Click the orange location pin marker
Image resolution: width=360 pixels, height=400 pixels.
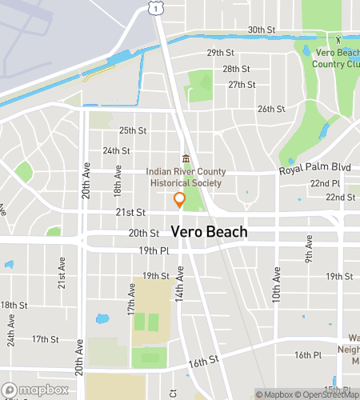[180, 200]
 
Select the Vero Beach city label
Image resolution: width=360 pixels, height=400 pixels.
[209, 232]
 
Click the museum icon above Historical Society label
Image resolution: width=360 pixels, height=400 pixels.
[186, 158]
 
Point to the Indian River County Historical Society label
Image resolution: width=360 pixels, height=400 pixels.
[185, 177]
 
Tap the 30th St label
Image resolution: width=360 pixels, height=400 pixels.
[261, 30]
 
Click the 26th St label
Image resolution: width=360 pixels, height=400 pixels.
[271, 109]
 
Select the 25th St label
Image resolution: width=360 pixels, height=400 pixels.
[133, 130]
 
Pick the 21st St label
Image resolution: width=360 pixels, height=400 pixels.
[130, 213]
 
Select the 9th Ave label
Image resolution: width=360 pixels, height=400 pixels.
[307, 254]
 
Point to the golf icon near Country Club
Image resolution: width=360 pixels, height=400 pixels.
[338, 38]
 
